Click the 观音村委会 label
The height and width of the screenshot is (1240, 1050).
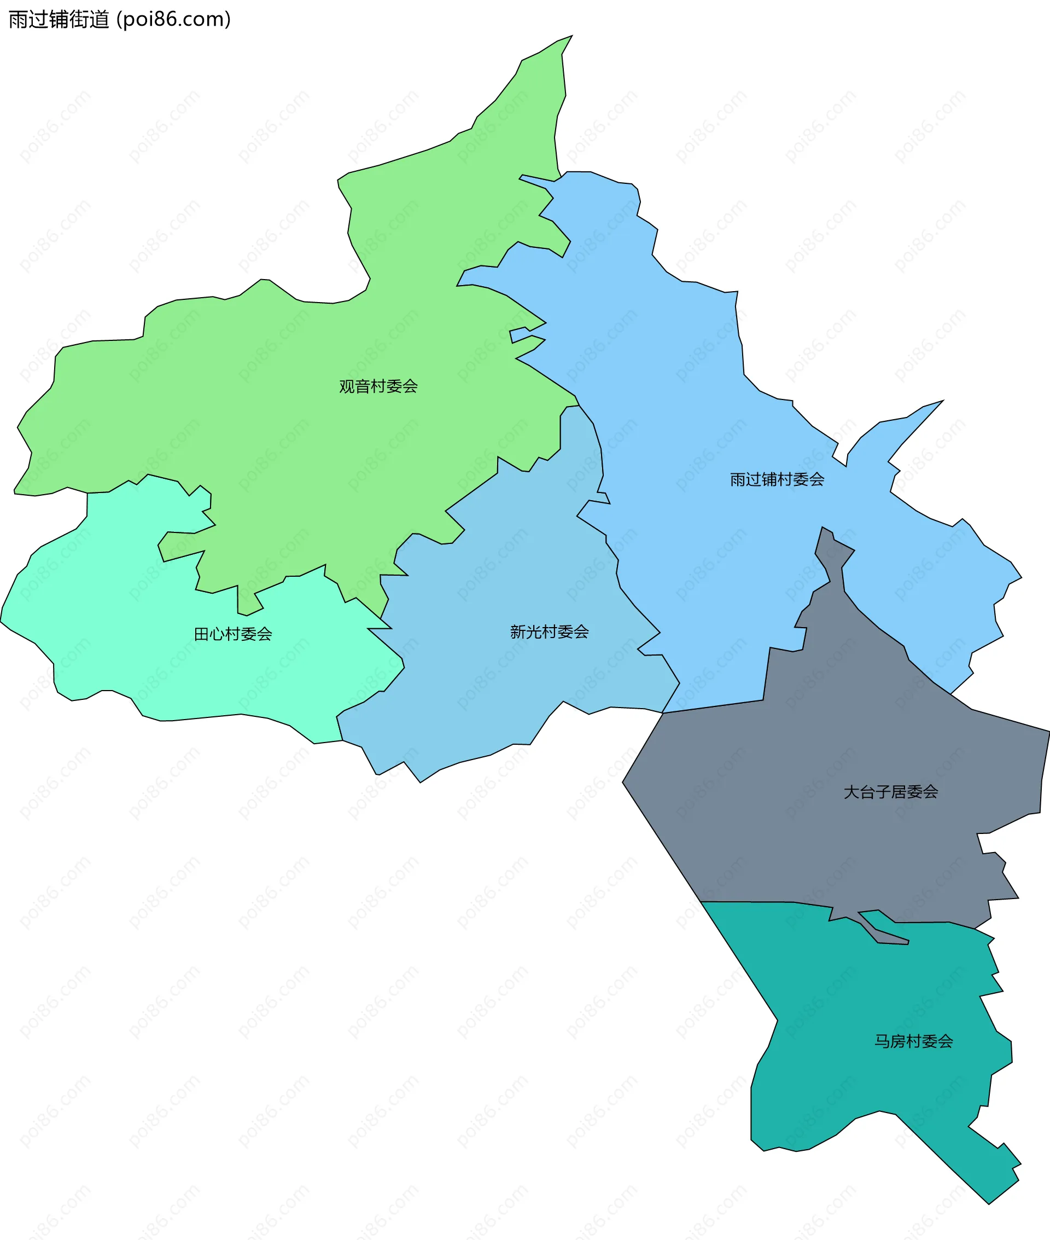378,386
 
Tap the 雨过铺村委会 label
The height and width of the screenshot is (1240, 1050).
777,479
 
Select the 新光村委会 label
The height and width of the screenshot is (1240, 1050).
549,632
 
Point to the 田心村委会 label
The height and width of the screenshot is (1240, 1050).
233,634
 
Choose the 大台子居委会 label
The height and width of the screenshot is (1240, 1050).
890,792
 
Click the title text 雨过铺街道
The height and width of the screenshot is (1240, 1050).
59,20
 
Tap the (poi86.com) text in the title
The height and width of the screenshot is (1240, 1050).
174,20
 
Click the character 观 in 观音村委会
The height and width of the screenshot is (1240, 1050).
346,386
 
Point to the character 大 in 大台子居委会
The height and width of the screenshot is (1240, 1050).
851,792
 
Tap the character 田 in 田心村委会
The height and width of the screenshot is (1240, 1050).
201,634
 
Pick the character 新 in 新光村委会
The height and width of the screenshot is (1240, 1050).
518,632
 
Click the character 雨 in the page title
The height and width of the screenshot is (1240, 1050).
17,20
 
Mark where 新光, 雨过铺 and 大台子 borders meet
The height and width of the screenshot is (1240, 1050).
662,712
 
